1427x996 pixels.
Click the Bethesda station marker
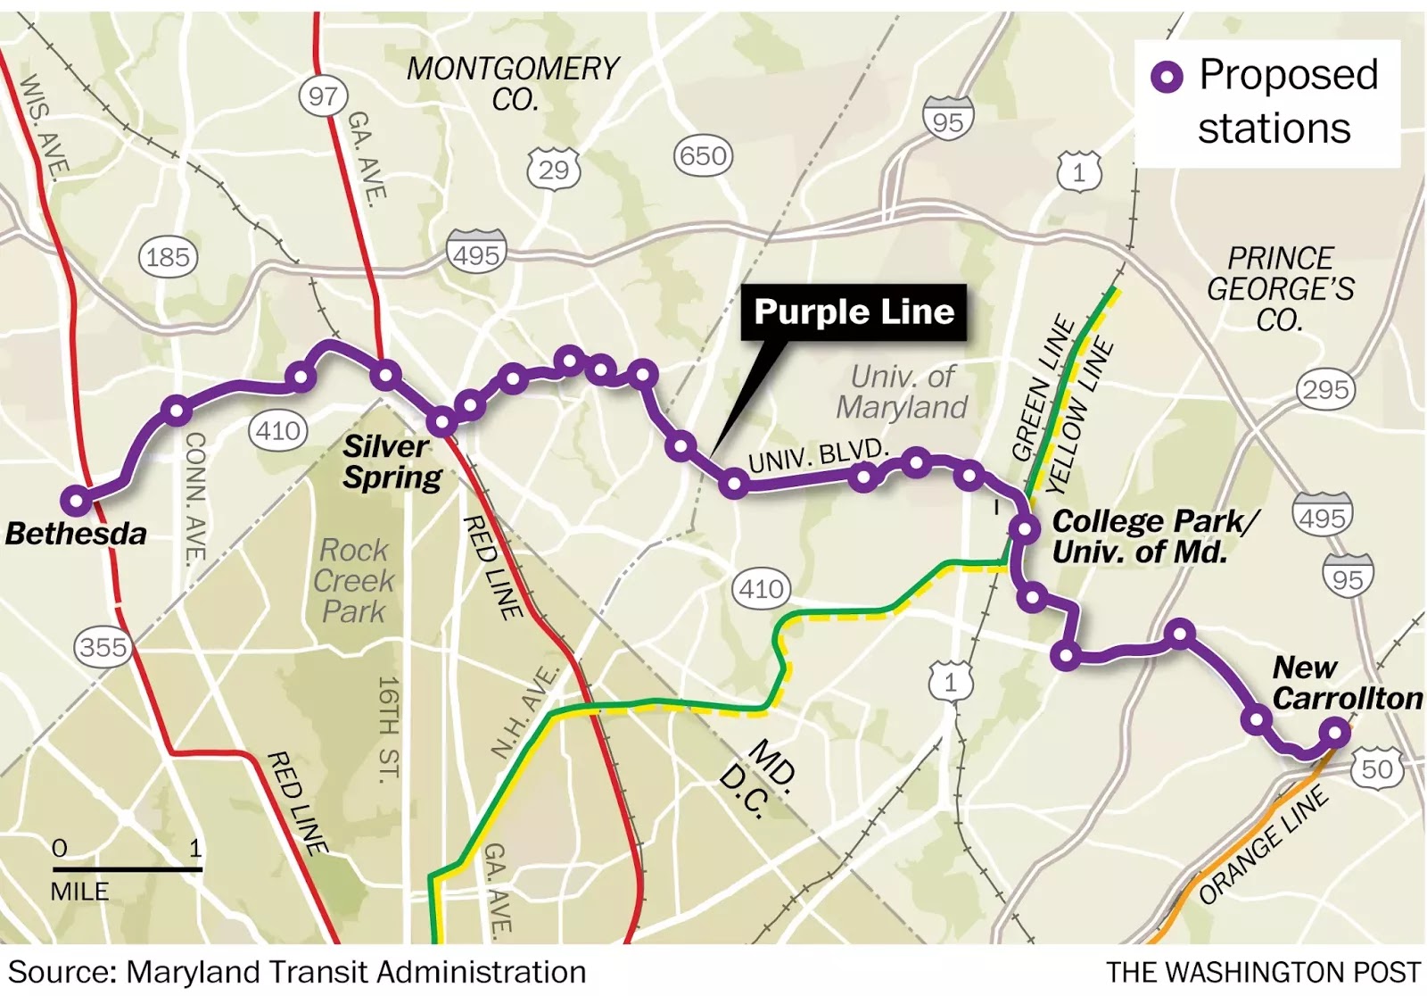[78, 501]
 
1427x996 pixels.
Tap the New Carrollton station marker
[1335, 733]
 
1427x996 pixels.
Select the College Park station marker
[1026, 529]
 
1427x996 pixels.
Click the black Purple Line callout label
[854, 312]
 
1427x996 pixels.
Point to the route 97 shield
[323, 95]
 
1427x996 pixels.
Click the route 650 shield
[703, 156]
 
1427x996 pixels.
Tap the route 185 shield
[168, 258]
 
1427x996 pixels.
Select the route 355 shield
[103, 646]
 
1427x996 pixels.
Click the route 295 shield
[1325, 390]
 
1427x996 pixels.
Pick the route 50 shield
[1377, 768]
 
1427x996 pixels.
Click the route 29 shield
[554, 169]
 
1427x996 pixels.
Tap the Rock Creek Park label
[355, 581]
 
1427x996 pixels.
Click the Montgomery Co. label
[513, 83]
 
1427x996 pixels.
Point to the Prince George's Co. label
[1281, 289]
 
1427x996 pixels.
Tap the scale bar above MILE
[128, 868]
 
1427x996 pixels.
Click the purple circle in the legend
[1167, 77]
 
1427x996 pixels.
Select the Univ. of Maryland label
[902, 392]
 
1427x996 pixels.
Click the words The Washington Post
[1263, 972]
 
